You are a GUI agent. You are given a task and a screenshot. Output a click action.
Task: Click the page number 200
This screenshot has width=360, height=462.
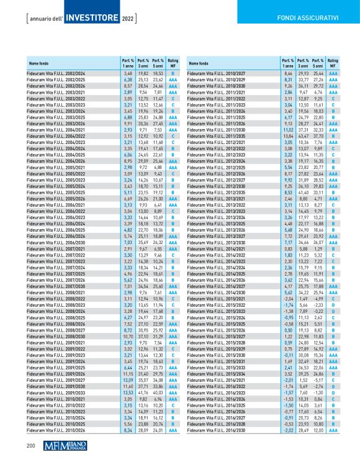point(30,446)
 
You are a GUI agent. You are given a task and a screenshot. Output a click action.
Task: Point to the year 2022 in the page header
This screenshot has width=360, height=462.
point(127,19)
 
